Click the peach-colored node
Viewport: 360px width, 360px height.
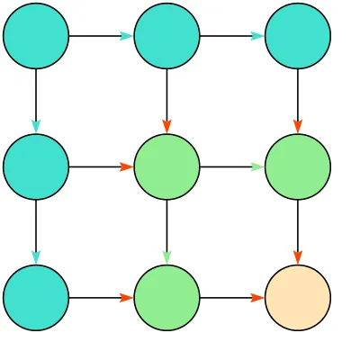(x=297, y=297)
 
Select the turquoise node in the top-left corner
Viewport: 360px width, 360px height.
(x=36, y=36)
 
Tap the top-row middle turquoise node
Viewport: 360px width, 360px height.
(x=166, y=36)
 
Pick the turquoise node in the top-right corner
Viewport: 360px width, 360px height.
(x=297, y=36)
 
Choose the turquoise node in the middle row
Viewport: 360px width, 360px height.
(x=36, y=166)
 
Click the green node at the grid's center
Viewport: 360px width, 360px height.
(x=166, y=166)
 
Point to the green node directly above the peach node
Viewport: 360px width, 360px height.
(x=297, y=166)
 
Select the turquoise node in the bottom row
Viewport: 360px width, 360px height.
(x=36, y=297)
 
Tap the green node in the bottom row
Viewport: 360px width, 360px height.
(x=166, y=297)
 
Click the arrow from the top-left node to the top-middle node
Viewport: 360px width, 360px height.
(x=101, y=36)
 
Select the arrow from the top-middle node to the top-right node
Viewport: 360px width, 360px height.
(x=231, y=36)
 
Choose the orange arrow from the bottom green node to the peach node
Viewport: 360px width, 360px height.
(x=231, y=297)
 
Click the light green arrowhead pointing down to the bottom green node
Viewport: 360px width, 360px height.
(x=166, y=257)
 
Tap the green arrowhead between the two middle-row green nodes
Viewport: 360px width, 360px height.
(x=257, y=166)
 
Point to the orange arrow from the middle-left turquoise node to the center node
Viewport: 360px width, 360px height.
(x=101, y=166)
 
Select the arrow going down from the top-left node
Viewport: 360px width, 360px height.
(x=36, y=101)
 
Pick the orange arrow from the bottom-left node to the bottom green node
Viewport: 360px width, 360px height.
(x=101, y=297)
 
